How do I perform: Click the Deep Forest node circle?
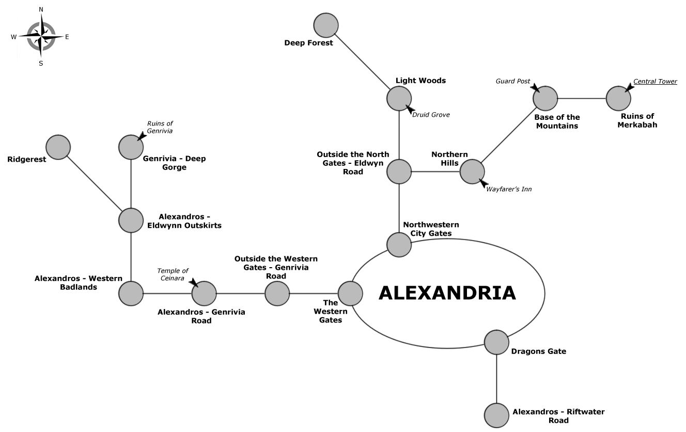326,25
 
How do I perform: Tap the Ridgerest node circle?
58,147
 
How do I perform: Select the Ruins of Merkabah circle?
618,98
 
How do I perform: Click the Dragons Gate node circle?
496,342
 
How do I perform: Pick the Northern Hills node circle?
472,172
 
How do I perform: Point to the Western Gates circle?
351,294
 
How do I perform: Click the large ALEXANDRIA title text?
447,292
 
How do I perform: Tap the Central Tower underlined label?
655,81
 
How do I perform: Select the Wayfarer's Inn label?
509,189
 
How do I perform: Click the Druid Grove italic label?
431,115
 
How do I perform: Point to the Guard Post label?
513,81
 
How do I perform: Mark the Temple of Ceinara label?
173,274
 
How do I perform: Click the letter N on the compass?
41,9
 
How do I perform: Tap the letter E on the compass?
67,37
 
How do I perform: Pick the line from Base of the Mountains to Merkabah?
582,98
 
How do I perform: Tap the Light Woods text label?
420,81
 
